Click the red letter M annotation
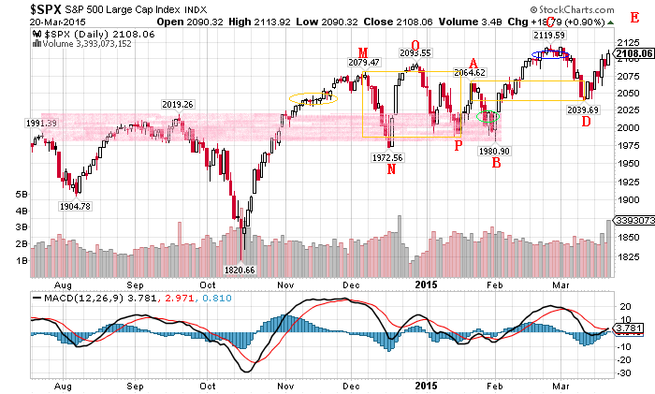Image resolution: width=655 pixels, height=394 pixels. [361, 51]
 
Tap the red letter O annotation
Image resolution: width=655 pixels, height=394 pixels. [415, 45]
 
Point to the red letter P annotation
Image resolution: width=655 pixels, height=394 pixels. [458, 145]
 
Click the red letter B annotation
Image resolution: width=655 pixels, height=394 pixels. [496, 163]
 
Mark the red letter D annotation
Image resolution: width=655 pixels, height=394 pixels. [585, 122]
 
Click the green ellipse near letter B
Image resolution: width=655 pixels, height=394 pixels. [488, 117]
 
